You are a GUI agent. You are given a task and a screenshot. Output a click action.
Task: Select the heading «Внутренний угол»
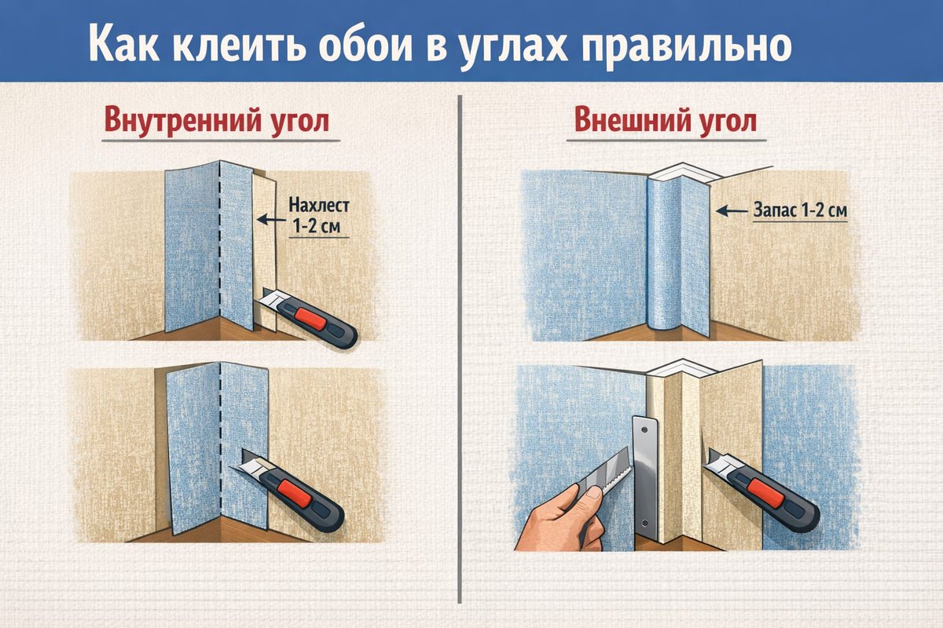click(216, 122)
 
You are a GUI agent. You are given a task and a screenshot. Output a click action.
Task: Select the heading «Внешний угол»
click(666, 120)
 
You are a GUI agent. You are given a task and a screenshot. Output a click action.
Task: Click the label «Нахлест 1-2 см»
click(319, 216)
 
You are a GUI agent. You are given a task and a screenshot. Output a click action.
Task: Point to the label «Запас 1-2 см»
click(800, 210)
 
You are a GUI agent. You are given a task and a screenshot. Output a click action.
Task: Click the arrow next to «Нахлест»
click(271, 219)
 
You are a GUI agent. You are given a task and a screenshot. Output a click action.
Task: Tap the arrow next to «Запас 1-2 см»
click(732, 210)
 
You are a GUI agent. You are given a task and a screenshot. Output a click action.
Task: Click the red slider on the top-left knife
click(310, 319)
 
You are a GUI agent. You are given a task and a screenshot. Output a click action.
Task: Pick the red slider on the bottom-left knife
click(295, 492)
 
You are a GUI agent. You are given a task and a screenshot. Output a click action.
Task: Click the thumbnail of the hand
click(593, 492)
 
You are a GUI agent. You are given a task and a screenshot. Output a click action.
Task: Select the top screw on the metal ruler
click(644, 430)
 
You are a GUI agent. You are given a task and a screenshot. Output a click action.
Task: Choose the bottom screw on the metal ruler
click(644, 524)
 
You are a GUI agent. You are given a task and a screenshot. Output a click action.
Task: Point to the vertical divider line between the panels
click(460, 349)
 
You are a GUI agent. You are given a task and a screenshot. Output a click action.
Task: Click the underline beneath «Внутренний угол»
click(221, 141)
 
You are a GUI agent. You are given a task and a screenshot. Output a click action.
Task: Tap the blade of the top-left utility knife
click(270, 298)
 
